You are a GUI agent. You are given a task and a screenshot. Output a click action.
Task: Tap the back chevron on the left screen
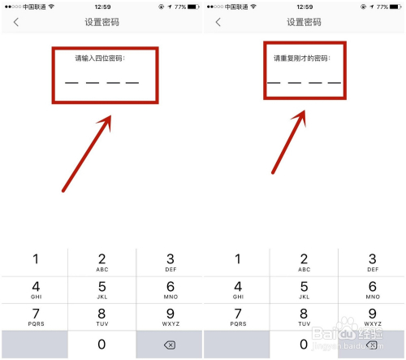pos(16,22)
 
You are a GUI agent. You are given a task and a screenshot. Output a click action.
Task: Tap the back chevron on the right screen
pos(218,22)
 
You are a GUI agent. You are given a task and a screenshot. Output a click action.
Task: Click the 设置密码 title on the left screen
pos(101,22)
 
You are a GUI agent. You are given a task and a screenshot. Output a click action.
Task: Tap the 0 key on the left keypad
pos(101,345)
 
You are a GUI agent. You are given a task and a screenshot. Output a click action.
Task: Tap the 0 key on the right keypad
pos(304,345)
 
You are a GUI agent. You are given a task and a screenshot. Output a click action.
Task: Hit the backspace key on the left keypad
pos(170,345)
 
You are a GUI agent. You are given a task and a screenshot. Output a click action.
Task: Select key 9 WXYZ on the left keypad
pos(171,317)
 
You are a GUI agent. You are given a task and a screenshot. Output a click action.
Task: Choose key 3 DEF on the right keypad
pos(372,262)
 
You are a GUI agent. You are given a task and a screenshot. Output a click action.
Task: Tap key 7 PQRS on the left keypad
pos(36,317)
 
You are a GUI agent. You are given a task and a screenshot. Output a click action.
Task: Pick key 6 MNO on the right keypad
pos(372,290)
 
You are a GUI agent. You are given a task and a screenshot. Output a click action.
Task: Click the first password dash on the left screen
pos(71,83)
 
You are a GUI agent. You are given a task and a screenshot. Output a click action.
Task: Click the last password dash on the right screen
pos(335,83)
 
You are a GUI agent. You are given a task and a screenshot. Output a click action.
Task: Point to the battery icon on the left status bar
pos(193,7)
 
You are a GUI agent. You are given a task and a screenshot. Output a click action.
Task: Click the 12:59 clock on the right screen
pos(304,7)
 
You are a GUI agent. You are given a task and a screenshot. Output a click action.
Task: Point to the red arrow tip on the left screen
pos(110,116)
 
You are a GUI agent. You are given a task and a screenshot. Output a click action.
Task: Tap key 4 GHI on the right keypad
pos(238,290)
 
